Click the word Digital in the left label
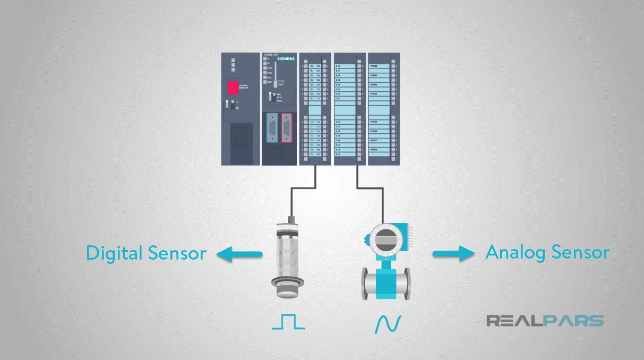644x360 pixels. pos(114,253)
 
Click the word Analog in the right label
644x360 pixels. pos(515,253)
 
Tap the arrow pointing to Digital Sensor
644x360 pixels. pos(239,255)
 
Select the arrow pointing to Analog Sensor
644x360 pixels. pos(453,254)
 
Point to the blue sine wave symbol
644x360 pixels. pos(388,324)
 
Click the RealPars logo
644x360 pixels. pos(545,321)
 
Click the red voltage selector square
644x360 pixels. pos(232,88)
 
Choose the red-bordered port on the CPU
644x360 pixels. pos(287,127)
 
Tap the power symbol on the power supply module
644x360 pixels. pos(237,108)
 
